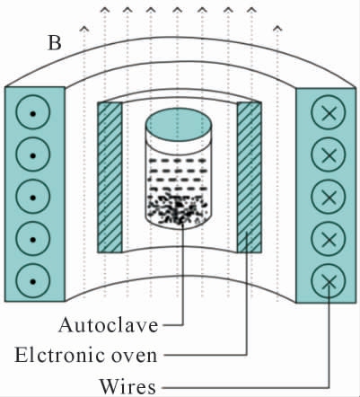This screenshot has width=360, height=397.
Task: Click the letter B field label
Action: tap(55, 43)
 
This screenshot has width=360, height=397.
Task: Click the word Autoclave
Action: tap(109, 325)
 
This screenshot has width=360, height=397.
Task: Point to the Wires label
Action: tap(127, 386)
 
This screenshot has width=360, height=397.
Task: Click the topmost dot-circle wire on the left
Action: tap(33, 112)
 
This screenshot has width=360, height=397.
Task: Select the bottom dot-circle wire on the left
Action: tap(33, 280)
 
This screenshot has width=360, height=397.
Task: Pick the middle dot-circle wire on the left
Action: tap(33, 197)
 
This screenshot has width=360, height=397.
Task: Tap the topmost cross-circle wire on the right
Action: tap(329, 112)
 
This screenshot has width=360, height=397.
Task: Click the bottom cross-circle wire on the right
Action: tap(329, 280)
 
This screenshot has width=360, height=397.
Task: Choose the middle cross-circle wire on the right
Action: tap(329, 197)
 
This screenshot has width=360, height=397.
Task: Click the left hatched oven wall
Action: tap(110, 177)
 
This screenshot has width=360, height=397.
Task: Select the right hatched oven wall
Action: tap(250, 177)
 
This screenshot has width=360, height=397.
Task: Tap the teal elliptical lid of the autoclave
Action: tap(179, 124)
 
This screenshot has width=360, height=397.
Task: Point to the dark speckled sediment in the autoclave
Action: tap(178, 209)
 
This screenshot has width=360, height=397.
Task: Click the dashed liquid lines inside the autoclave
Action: tap(178, 175)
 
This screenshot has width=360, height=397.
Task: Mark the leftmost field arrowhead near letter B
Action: tap(84, 29)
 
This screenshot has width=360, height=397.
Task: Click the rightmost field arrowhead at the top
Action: tap(277, 29)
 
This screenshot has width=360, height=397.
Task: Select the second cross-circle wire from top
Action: tap(329, 154)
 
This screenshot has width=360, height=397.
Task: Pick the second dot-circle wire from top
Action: tap(33, 154)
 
